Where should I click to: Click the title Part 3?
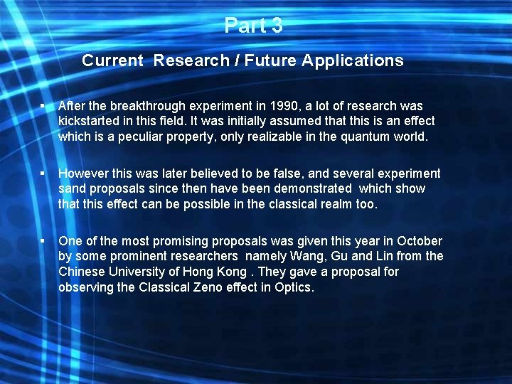click(x=253, y=26)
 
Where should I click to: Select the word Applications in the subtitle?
click(x=353, y=61)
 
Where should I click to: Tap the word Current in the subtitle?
click(x=112, y=61)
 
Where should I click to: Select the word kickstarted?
click(x=92, y=121)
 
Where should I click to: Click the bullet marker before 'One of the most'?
click(x=43, y=241)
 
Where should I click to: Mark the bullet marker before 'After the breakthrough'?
click(x=43, y=106)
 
